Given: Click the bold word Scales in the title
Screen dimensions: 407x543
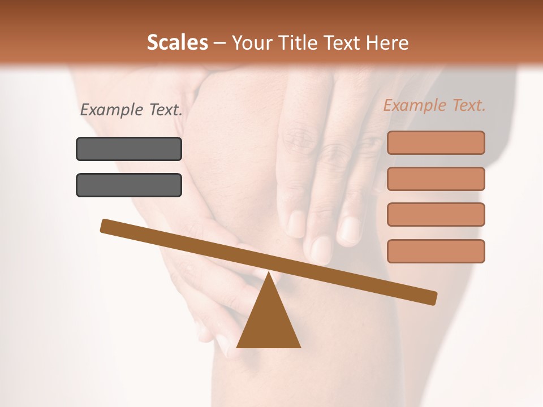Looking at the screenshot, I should (177, 43).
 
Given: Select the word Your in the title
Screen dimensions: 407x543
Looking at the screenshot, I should (252, 43).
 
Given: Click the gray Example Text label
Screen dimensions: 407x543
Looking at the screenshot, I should (131, 110).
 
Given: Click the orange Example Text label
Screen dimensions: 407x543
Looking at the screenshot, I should (434, 105).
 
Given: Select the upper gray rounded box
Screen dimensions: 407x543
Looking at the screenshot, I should (129, 149).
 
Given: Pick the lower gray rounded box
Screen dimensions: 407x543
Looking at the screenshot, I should (129, 185).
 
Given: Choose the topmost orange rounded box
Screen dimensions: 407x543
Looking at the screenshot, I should (436, 142).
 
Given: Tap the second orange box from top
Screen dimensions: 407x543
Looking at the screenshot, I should (436, 179).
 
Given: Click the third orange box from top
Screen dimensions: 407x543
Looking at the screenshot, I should (436, 215).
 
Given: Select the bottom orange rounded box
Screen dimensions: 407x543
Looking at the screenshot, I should (436, 251).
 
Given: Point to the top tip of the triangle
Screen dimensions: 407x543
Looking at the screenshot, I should (269, 274).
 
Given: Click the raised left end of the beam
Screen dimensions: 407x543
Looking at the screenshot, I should (105, 225).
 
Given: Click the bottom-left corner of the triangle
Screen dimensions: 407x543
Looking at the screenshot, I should (238, 347).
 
